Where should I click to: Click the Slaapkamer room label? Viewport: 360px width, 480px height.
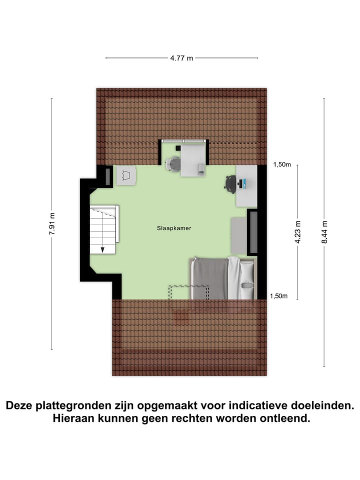click(x=173, y=228)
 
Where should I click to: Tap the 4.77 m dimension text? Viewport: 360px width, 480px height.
click(x=181, y=58)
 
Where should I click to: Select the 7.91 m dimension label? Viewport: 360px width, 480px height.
click(x=52, y=226)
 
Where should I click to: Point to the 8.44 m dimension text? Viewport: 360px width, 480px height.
click(x=324, y=231)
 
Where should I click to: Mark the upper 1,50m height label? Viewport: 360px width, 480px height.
click(x=281, y=165)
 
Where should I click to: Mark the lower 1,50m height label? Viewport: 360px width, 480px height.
click(x=278, y=296)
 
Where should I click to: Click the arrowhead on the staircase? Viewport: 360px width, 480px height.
click(x=102, y=249)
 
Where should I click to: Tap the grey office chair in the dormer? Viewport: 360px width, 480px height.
click(x=173, y=164)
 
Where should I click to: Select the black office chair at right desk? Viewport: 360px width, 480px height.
click(x=230, y=183)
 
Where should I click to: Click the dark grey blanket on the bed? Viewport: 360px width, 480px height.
click(x=210, y=277)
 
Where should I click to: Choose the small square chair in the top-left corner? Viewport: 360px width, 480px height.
click(x=126, y=176)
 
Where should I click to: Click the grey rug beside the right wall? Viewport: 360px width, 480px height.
click(x=238, y=235)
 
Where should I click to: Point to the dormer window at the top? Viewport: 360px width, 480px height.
click(x=183, y=141)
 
